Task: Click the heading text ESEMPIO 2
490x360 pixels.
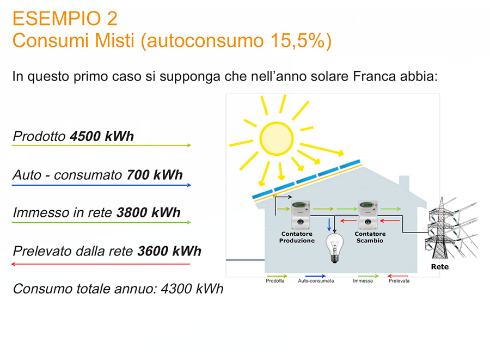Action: [x=65, y=19]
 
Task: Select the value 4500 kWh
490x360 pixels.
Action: [x=102, y=136]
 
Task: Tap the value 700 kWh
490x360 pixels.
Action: [x=155, y=175]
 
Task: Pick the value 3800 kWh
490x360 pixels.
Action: [x=149, y=212]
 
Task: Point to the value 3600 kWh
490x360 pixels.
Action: [x=169, y=251]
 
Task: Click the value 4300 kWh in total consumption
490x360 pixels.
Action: [x=192, y=289]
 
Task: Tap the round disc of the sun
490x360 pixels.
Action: [x=276, y=138]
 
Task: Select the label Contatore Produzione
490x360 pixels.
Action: [x=297, y=237]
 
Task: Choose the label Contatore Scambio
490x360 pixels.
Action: [x=370, y=237]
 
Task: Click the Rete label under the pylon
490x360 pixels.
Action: [x=440, y=267]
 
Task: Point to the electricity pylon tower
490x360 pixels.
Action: [x=440, y=228]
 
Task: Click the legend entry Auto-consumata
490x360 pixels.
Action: [x=316, y=281]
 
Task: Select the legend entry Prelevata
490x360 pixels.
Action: [x=399, y=281]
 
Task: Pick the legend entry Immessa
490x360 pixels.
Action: [x=363, y=281]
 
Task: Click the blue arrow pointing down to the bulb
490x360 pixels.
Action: [x=329, y=225]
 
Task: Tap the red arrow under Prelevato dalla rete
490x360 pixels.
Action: [x=101, y=264]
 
